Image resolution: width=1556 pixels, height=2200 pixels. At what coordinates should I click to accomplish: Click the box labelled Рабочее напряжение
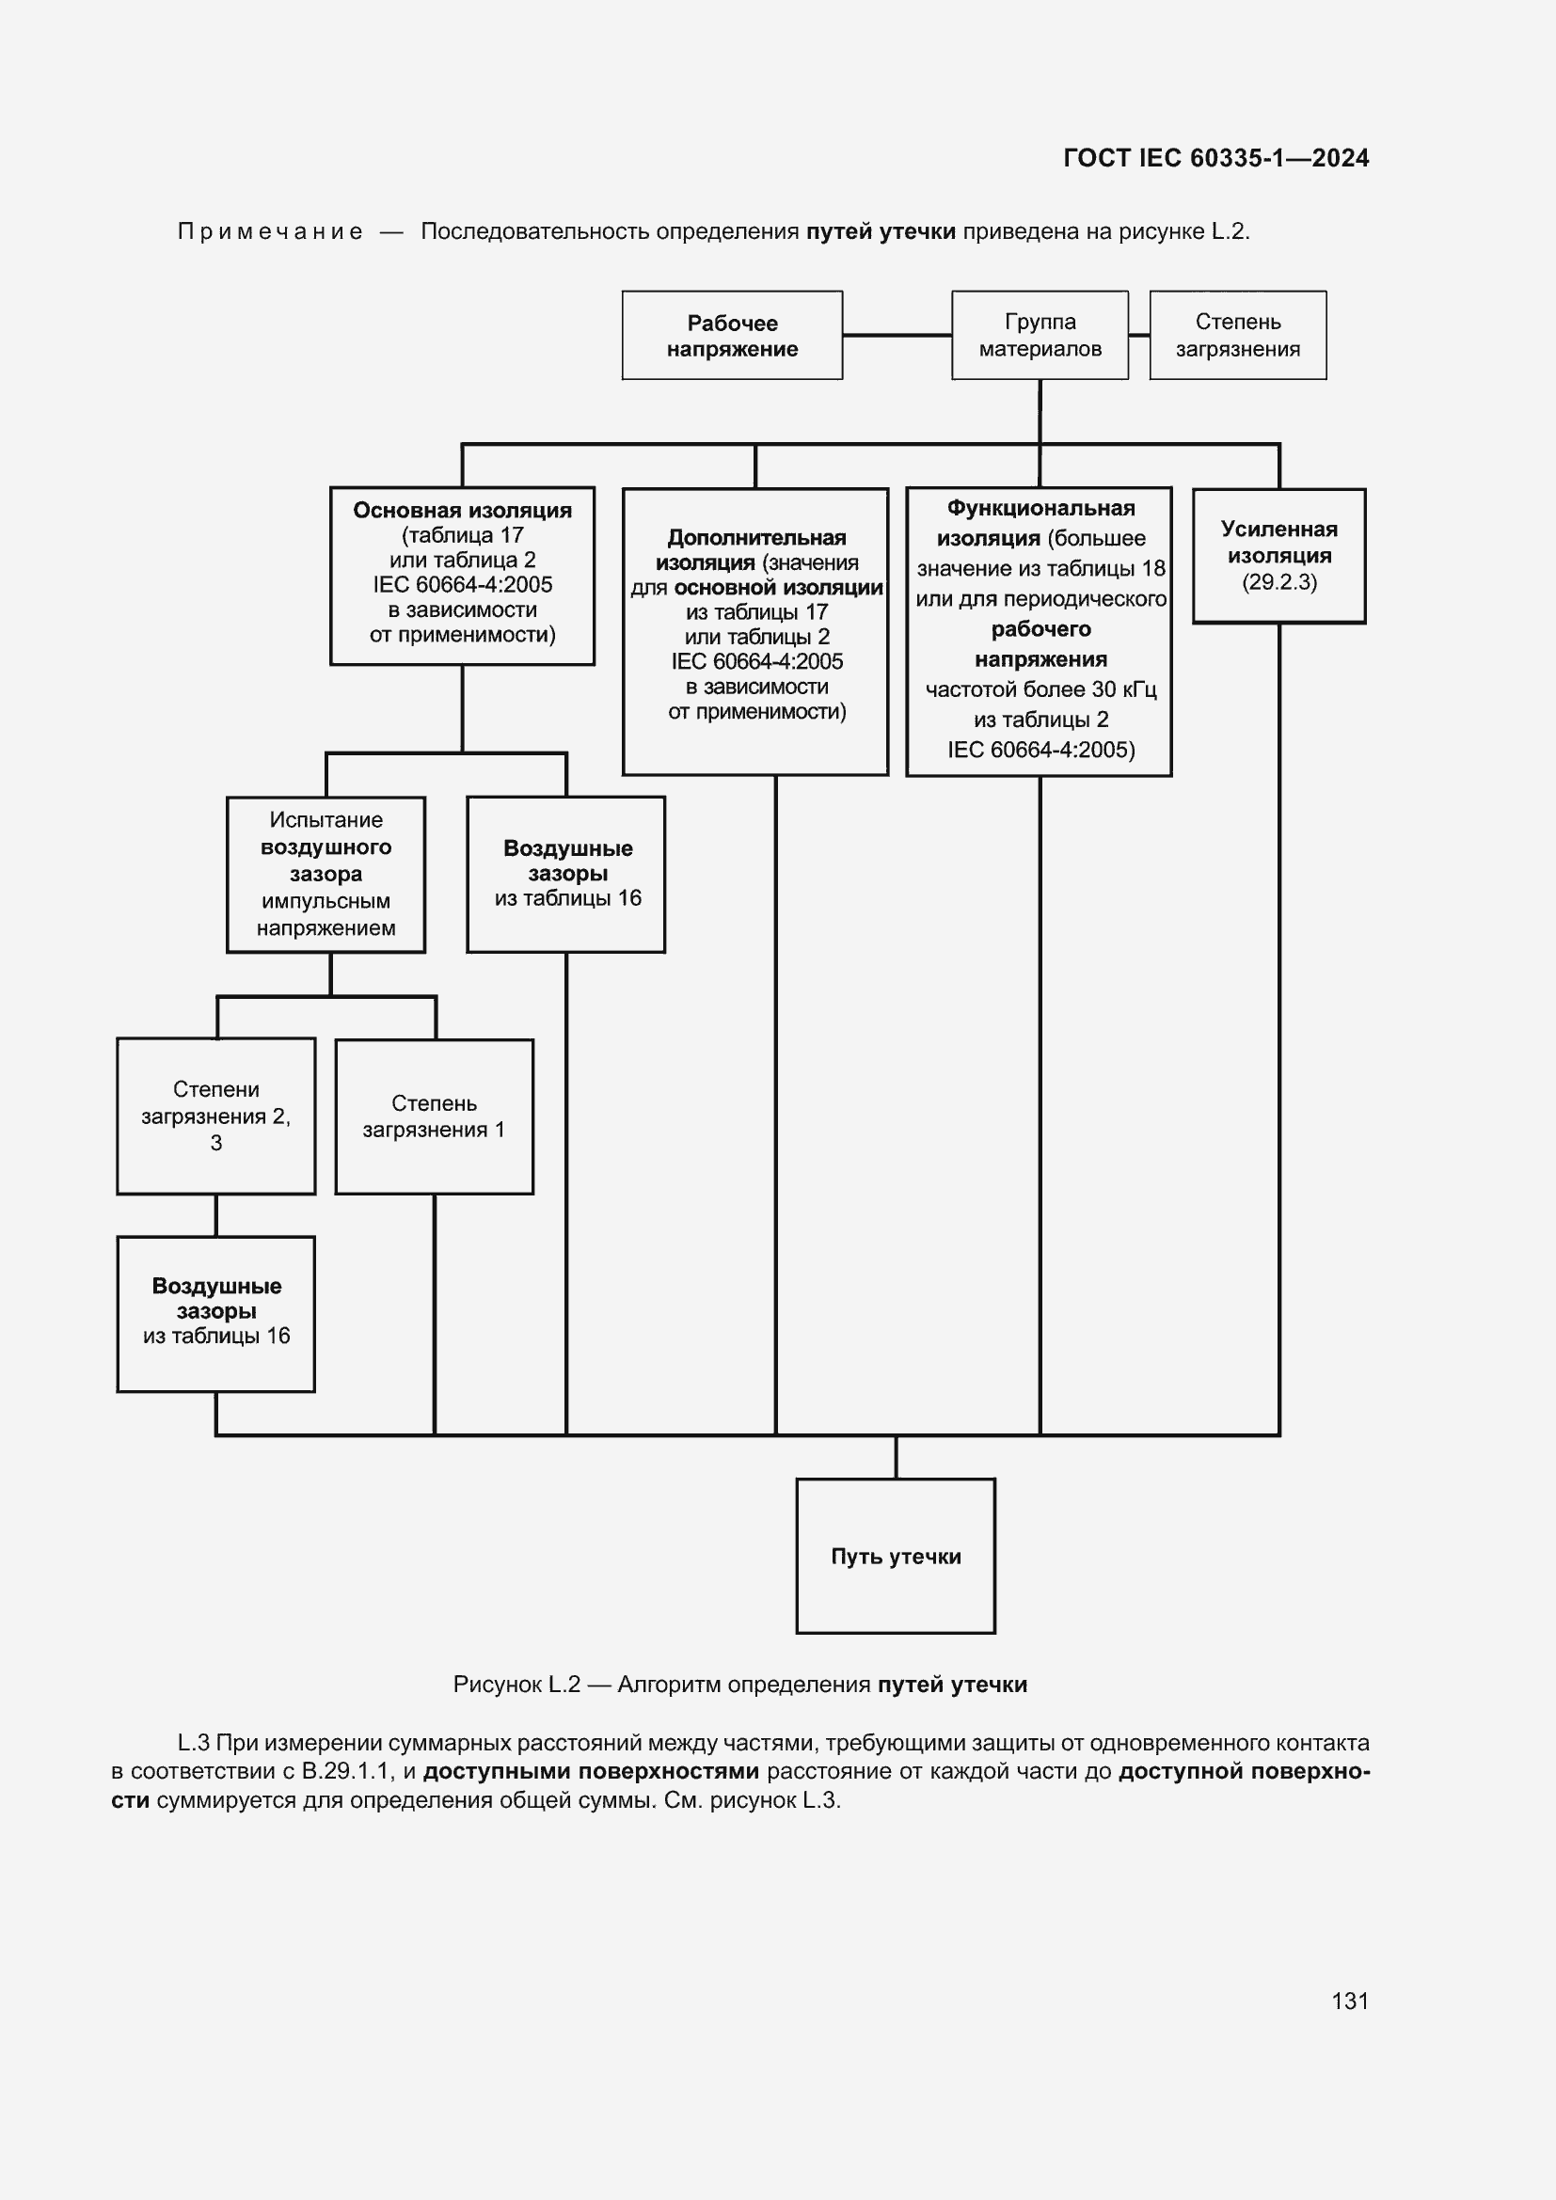(732, 336)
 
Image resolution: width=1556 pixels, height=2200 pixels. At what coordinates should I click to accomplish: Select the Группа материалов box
(1040, 336)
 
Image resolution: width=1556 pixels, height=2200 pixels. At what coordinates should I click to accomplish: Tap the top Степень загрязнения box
(1238, 336)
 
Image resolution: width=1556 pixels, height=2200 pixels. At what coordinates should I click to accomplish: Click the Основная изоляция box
(462, 575)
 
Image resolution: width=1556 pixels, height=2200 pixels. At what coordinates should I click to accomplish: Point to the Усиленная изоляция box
(1279, 556)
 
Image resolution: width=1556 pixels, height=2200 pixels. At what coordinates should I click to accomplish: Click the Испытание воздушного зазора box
(325, 874)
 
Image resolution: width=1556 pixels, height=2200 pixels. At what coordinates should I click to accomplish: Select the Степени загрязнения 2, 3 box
(215, 1116)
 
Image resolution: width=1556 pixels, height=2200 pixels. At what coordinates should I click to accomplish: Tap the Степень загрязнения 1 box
(434, 1116)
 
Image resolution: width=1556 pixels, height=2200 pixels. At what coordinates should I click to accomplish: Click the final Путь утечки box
(896, 1556)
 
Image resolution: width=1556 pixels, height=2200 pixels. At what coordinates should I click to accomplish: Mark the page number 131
(1350, 2001)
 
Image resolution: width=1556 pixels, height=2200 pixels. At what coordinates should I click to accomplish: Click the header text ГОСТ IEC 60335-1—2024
(1215, 158)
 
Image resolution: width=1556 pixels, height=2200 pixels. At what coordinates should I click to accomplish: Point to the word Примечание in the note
(270, 232)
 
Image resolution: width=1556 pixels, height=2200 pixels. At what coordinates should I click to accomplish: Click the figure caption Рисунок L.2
(517, 1685)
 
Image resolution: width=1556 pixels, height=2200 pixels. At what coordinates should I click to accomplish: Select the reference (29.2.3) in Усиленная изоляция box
(1279, 582)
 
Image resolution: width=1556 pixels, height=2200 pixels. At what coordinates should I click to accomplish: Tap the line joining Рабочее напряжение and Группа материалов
(897, 336)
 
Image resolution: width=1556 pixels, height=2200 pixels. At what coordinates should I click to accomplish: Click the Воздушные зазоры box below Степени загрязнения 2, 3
(215, 1314)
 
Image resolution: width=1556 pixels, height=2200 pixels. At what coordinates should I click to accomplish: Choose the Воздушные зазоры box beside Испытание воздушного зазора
(566, 874)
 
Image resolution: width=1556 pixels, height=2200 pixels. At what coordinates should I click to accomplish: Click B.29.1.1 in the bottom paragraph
(346, 1771)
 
